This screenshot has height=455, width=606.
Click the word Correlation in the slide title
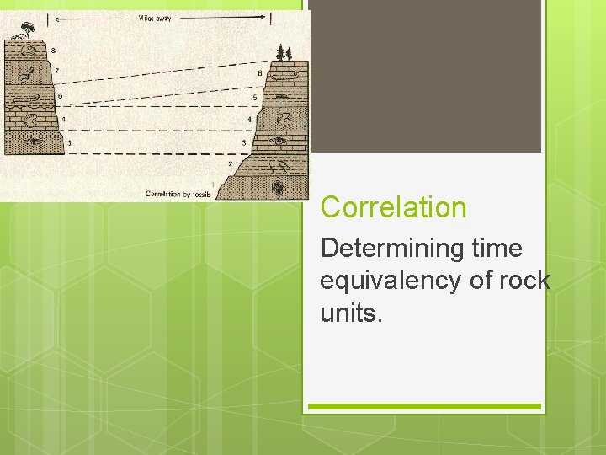393,207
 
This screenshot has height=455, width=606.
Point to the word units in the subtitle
351,313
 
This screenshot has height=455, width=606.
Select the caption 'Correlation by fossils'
178,195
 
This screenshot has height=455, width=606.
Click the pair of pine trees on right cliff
284,52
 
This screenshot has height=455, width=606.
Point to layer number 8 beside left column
53,51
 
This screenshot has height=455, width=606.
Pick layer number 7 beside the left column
57,71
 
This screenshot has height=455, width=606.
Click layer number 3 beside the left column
69,143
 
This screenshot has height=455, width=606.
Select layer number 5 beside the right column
254,99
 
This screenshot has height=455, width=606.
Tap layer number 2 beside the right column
230,163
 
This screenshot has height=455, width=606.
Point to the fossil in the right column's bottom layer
278,185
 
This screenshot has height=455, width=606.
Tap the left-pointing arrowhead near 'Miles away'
50,18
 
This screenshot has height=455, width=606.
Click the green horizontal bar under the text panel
424,407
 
